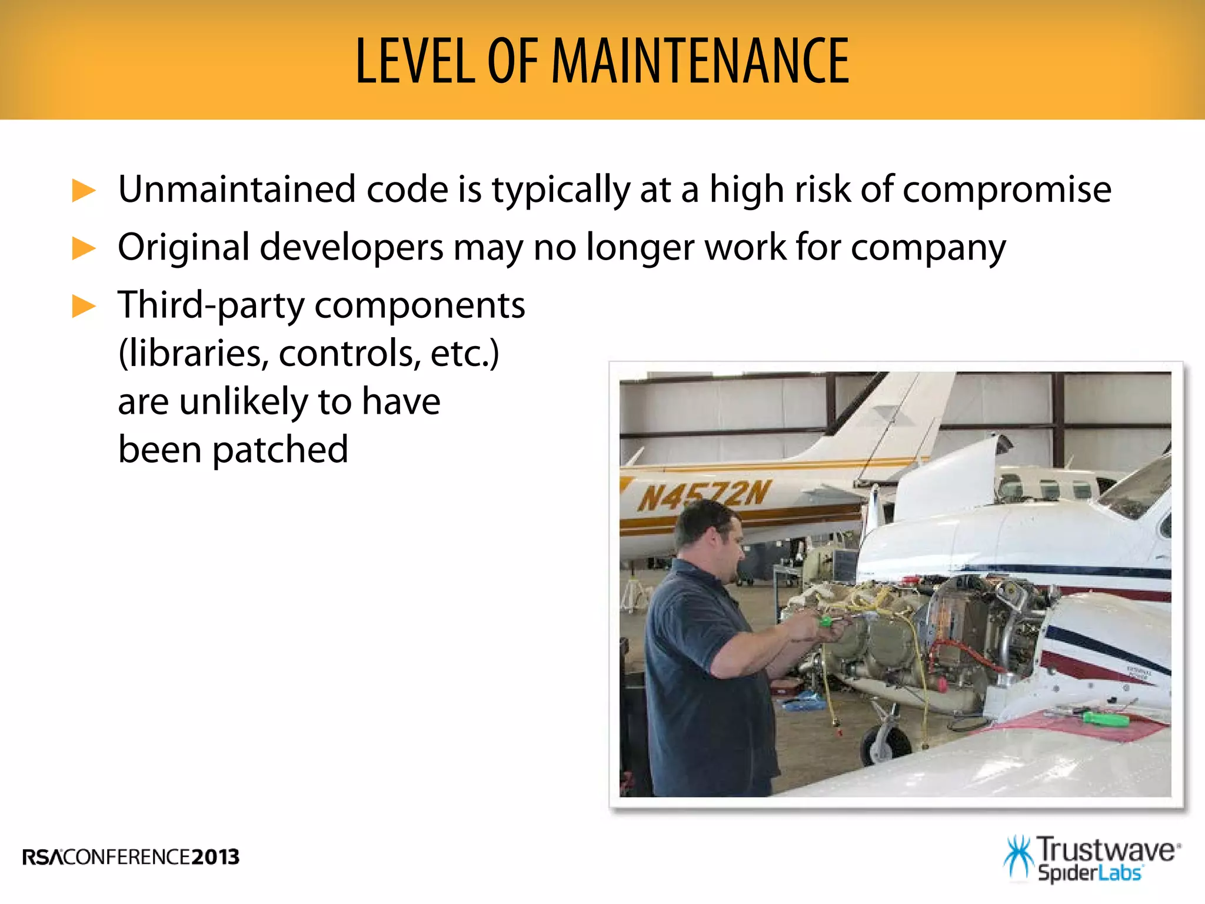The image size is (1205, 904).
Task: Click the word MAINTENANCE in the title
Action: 700,61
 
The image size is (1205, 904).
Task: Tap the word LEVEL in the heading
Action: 415,61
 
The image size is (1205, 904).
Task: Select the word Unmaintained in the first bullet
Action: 237,190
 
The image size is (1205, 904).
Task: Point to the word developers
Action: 351,248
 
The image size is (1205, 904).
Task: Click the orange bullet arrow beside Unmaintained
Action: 84,191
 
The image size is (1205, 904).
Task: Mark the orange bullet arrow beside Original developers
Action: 84,248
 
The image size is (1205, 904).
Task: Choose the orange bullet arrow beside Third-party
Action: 84,306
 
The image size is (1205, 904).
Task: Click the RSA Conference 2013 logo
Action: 131,856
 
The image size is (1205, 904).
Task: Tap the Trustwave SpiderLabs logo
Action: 1091,859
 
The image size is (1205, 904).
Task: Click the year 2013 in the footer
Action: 215,856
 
